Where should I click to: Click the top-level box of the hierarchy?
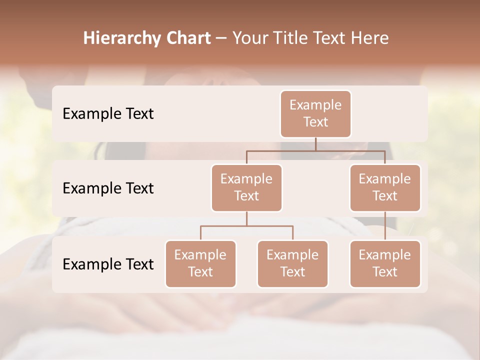pyautogui.click(x=315, y=113)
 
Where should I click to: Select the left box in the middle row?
pyautogui.click(x=246, y=187)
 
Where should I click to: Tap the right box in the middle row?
pyautogui.click(x=385, y=187)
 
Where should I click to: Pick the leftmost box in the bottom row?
pyautogui.click(x=200, y=263)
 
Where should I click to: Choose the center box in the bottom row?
pyautogui.click(x=292, y=263)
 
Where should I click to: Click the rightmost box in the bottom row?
pyautogui.click(x=385, y=263)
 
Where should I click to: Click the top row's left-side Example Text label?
pyautogui.click(x=108, y=113)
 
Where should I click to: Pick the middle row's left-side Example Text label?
pyautogui.click(x=108, y=188)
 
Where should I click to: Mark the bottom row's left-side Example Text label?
pyautogui.click(x=108, y=264)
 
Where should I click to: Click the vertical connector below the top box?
pyautogui.click(x=315, y=144)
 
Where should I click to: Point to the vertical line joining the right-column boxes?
pyautogui.click(x=385, y=226)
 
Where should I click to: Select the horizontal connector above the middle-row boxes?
pyautogui.click(x=315, y=150)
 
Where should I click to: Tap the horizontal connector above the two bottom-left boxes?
pyautogui.click(x=246, y=226)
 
